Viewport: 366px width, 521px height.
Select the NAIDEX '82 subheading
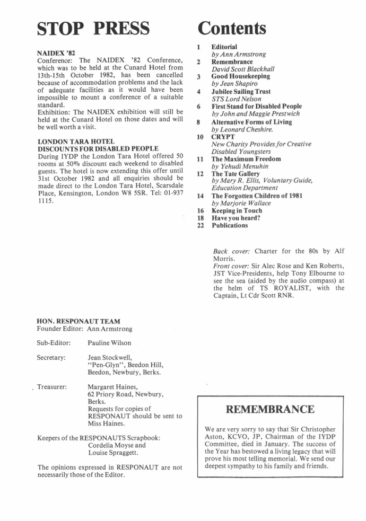[56, 54]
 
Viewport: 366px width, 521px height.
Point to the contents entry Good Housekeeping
[233, 77]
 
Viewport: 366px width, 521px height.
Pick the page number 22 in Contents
[199, 225]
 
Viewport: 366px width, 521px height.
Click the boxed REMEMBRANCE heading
[270, 409]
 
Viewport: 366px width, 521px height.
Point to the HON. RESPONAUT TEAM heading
[79, 321]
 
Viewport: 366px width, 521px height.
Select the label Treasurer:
[52, 387]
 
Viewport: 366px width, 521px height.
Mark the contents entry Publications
[230, 225]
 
